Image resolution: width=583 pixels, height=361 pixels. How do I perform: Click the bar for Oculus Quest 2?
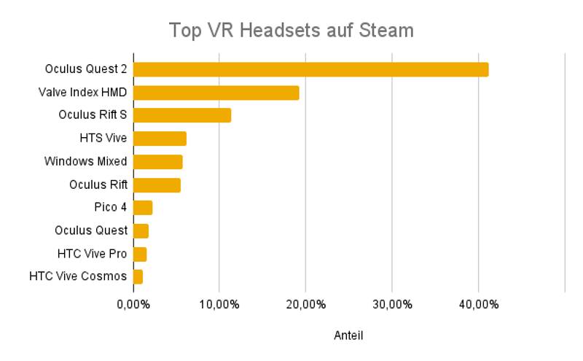[310, 69]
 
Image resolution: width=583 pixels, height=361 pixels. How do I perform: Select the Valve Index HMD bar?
[216, 93]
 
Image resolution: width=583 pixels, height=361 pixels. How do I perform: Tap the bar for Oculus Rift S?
[182, 115]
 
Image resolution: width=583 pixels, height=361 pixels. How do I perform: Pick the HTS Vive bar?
[160, 139]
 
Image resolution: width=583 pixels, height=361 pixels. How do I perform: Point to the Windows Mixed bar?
[157, 162]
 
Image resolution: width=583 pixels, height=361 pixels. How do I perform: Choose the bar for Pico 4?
[143, 208]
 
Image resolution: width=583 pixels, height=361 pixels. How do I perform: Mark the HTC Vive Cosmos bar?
[138, 277]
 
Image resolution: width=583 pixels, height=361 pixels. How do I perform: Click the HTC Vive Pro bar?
[140, 254]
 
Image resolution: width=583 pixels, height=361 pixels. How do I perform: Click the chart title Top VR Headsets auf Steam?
[291, 31]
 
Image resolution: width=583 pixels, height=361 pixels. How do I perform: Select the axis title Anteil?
[348, 335]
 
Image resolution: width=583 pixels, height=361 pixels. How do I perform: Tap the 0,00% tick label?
[133, 303]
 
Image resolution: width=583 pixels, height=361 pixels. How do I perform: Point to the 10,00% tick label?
[219, 303]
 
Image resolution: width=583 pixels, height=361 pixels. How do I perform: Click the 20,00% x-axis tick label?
[305, 303]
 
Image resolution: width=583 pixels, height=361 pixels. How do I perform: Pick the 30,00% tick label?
[391, 303]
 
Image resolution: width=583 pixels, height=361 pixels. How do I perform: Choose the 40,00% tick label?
[478, 303]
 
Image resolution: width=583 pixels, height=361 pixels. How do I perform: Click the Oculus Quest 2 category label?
[86, 69]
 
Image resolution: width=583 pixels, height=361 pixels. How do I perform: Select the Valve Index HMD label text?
[82, 93]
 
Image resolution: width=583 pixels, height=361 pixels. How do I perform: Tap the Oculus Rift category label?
[98, 185]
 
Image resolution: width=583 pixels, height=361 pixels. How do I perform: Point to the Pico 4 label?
[111, 208]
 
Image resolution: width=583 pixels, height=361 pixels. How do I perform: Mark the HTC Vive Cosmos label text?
[78, 277]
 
